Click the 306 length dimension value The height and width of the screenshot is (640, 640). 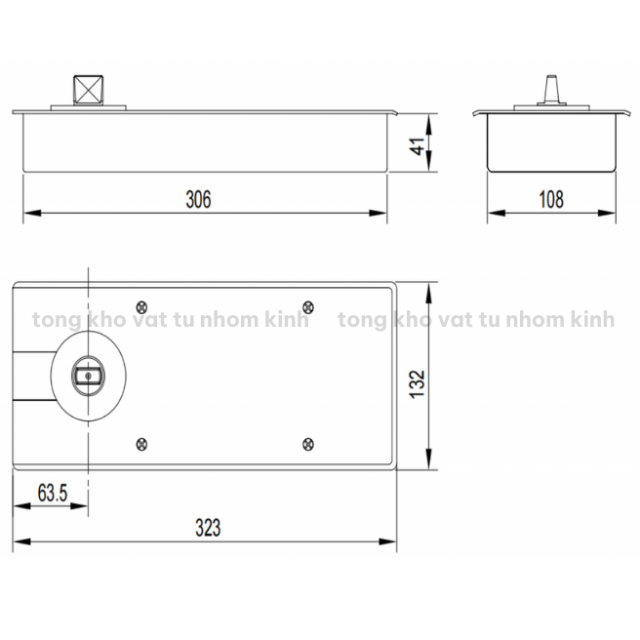(x=198, y=199)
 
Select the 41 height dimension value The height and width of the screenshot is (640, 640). (x=418, y=146)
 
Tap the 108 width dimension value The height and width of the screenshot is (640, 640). (x=551, y=199)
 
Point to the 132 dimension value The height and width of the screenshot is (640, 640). (x=418, y=384)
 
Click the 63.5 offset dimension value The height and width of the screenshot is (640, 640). (x=53, y=493)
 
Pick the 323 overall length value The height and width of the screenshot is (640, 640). (x=208, y=528)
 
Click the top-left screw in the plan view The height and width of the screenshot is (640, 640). (x=141, y=307)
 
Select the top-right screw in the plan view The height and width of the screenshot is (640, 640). (x=308, y=307)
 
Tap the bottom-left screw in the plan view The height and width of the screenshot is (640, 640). (x=141, y=444)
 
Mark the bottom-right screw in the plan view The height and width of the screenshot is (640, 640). (x=308, y=444)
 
